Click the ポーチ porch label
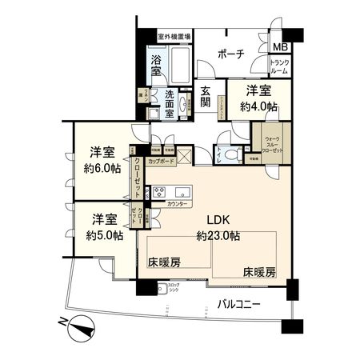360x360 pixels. point(232,55)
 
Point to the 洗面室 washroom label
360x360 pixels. point(170,105)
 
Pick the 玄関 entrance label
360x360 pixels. point(206,96)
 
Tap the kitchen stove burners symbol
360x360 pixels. point(158,193)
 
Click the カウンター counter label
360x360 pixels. point(178,205)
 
